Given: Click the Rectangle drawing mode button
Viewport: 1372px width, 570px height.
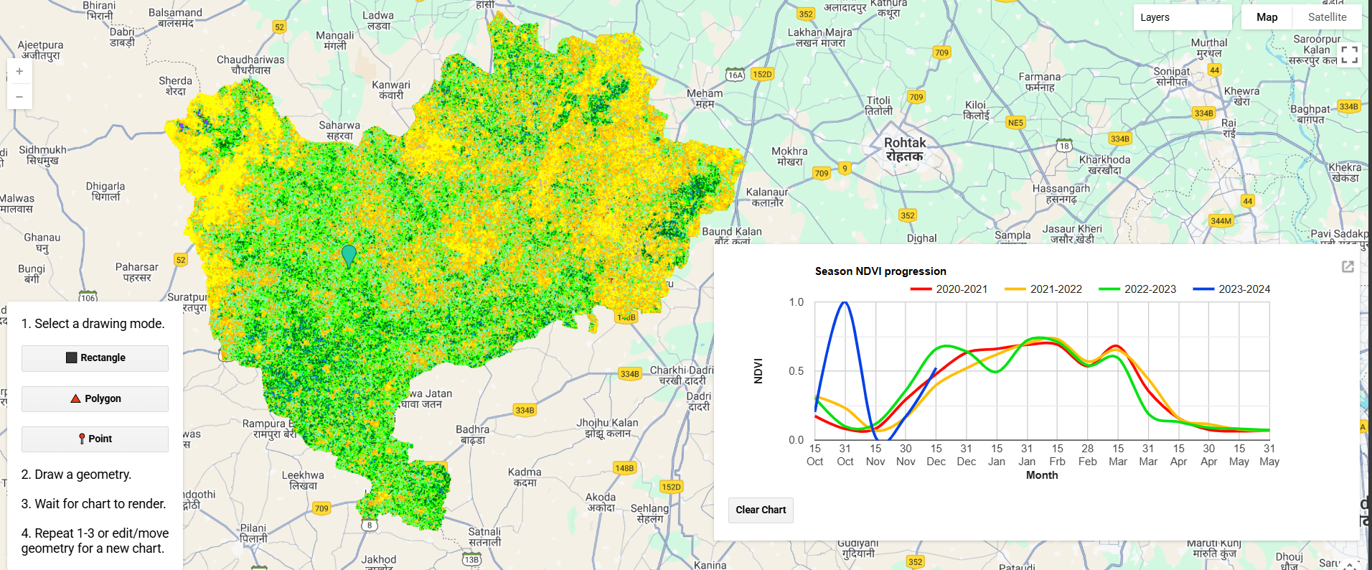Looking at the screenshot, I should click(95, 358).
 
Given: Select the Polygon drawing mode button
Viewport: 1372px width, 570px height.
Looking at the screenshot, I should click(95, 399).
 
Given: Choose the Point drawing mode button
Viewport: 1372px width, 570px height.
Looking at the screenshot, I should click(95, 439).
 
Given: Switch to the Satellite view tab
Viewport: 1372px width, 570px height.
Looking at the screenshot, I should click(1327, 17).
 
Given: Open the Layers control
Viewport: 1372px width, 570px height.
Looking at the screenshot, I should click(1182, 17).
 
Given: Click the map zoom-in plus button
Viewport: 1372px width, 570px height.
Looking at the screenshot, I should click(19, 72).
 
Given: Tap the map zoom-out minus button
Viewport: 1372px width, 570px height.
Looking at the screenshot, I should click(19, 97).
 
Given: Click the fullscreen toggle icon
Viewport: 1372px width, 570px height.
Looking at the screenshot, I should click(1349, 55).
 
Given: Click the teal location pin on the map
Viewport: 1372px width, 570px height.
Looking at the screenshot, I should click(349, 254).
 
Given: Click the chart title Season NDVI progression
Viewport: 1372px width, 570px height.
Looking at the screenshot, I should click(880, 271).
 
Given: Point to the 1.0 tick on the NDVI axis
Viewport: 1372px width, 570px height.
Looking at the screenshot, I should click(797, 302).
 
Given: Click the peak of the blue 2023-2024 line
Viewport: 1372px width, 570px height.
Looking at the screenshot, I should click(845, 303).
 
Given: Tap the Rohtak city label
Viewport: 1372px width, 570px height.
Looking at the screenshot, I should click(905, 149).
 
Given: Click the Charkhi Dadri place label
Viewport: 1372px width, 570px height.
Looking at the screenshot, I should click(682, 375).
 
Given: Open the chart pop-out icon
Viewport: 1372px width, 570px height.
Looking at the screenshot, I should click(1348, 267).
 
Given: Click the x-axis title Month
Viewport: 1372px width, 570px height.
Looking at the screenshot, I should click(1042, 475).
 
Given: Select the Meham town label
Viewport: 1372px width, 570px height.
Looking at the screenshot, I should click(705, 98).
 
